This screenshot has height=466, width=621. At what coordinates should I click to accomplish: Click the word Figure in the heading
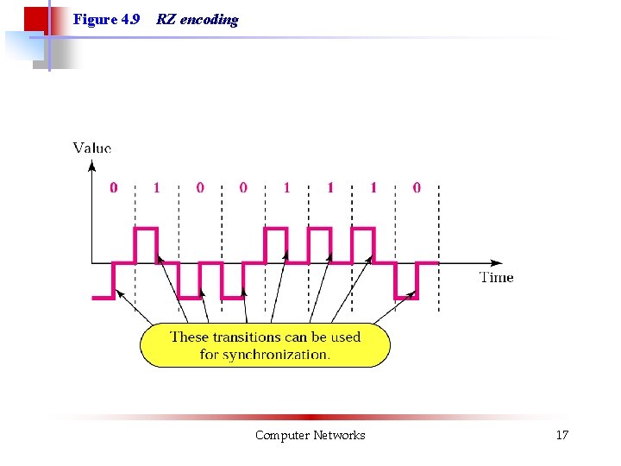coord(93,19)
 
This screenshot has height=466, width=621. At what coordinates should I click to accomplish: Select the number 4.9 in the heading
coord(129,19)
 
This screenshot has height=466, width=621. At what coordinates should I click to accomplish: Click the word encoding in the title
coord(210,20)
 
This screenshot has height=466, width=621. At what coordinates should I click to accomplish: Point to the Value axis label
coord(92,148)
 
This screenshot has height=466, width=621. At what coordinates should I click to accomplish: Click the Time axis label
coord(496,277)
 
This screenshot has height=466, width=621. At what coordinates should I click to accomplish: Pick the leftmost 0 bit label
coord(114,187)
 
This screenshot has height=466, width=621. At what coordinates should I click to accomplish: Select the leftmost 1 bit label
coord(156,187)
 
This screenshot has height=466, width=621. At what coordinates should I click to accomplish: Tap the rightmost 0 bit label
coord(417,187)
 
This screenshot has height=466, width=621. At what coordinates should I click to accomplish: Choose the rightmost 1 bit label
coord(373,187)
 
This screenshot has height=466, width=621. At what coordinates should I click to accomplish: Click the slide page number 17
coord(561,435)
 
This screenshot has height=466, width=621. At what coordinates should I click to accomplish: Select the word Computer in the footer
coord(281,435)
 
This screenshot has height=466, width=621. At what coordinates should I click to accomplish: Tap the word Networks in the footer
coord(339,435)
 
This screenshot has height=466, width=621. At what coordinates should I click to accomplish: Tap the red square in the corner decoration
coord(35,19)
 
